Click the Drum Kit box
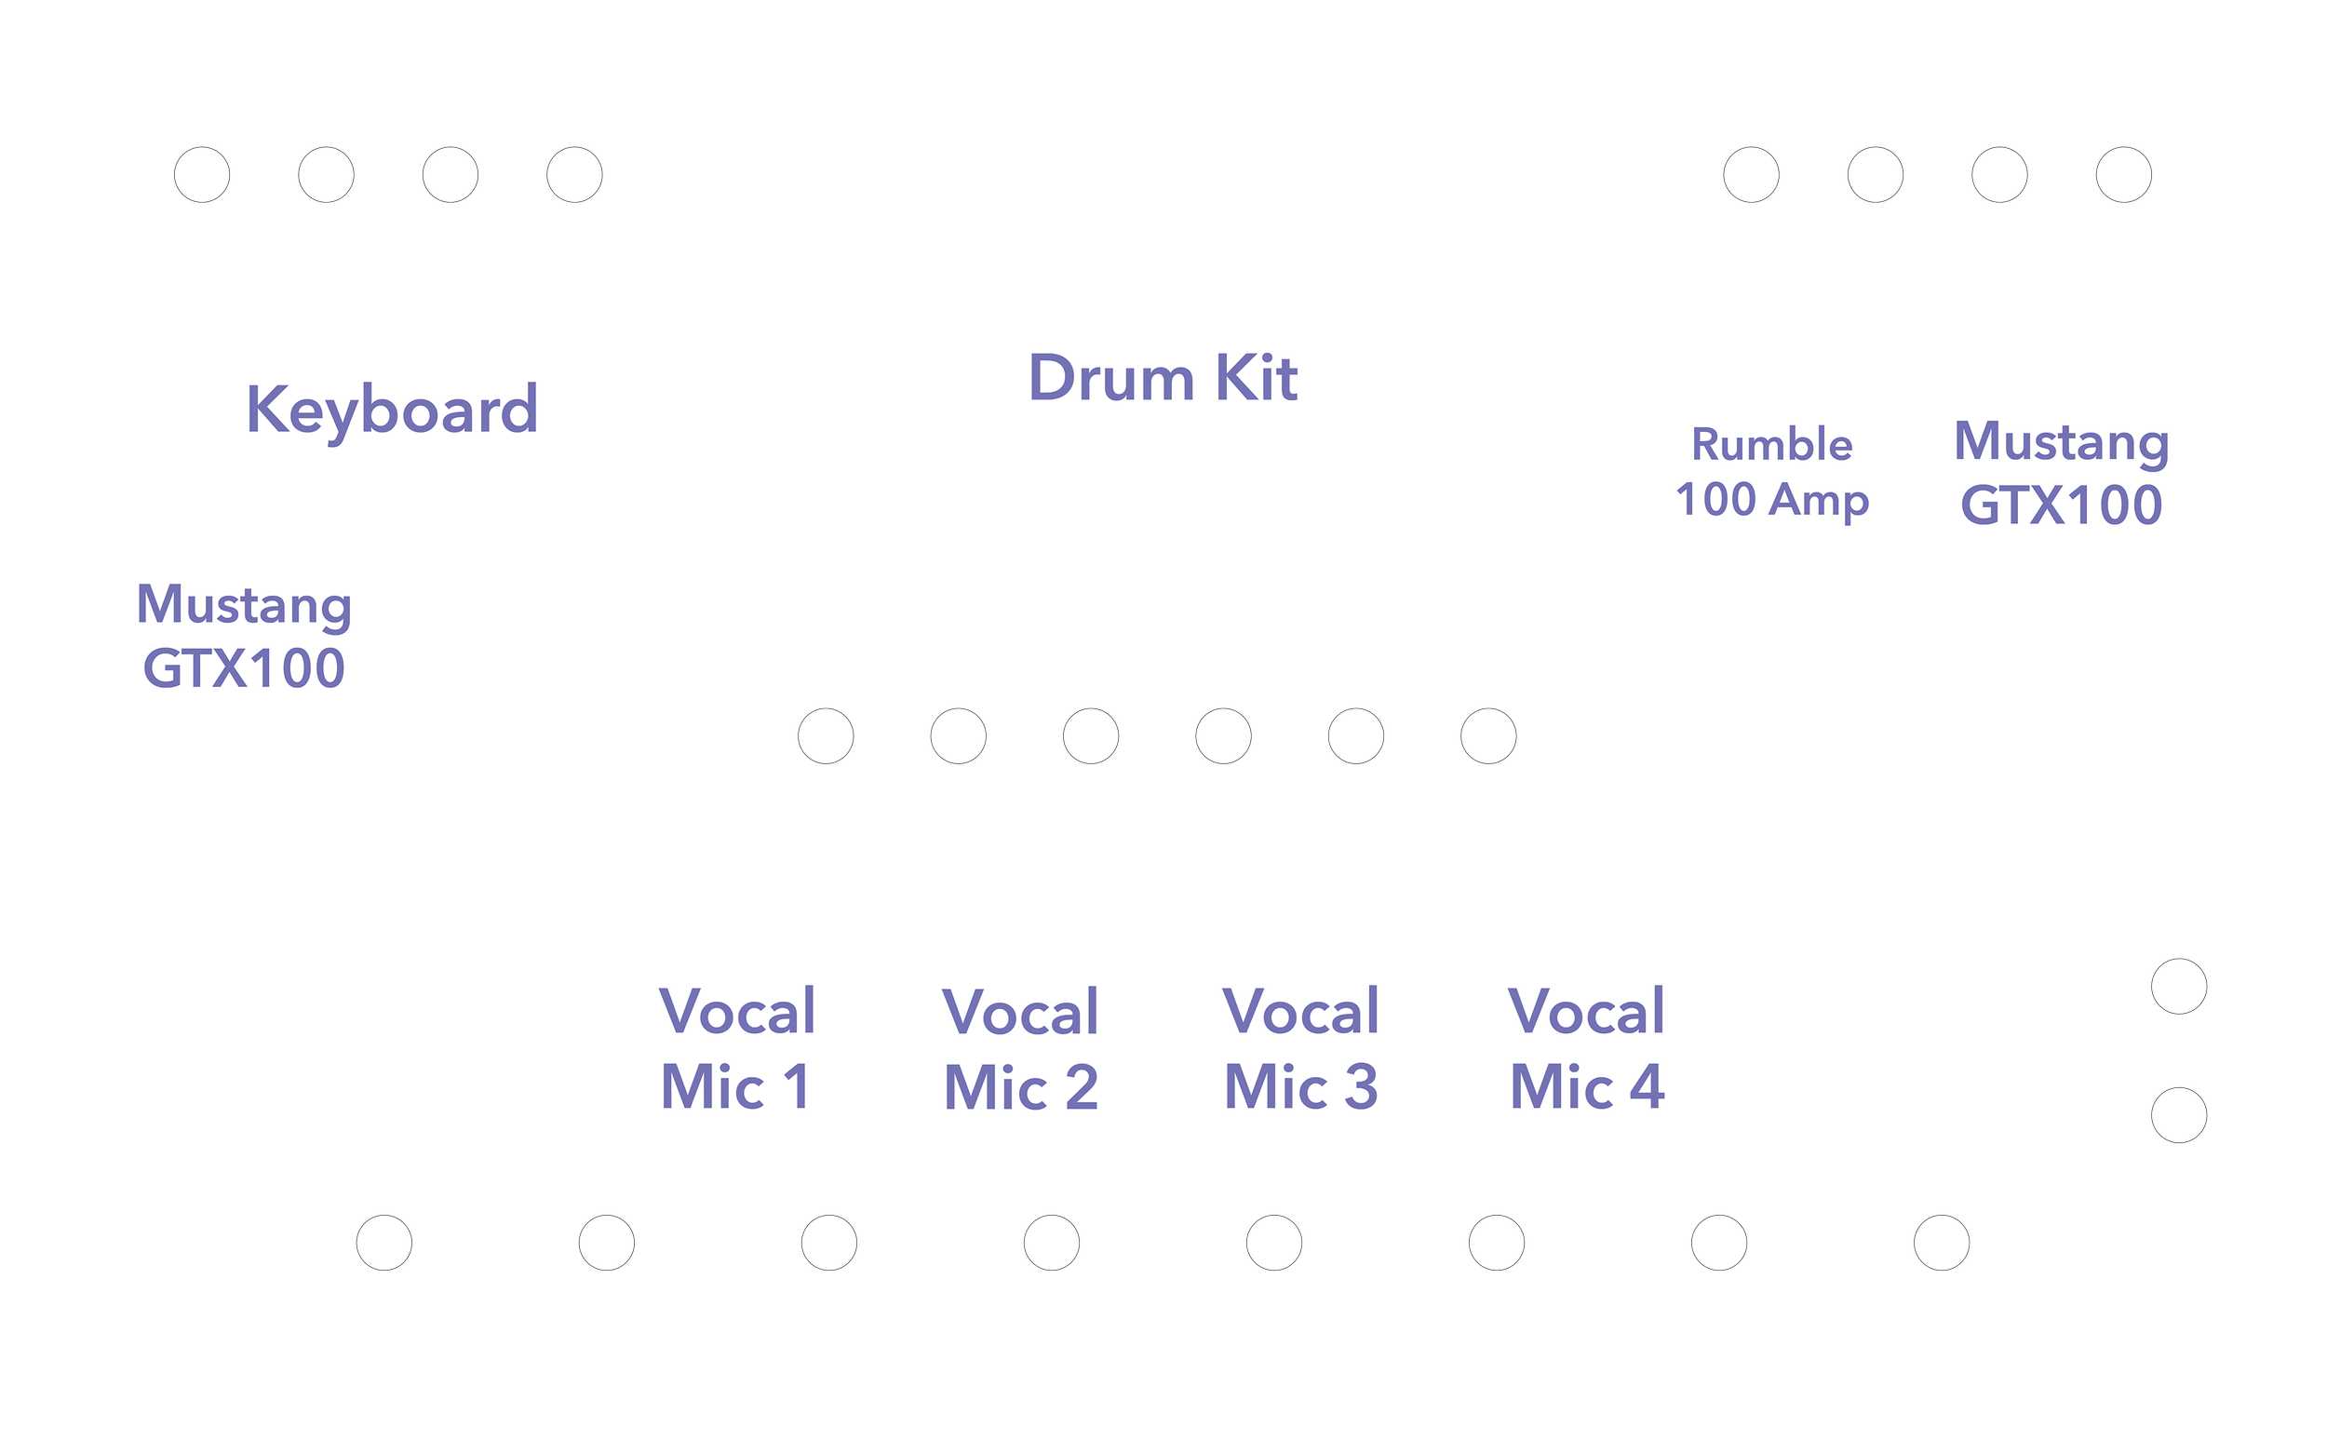tap(1163, 398)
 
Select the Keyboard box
tap(395, 411)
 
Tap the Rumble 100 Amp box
tap(1771, 477)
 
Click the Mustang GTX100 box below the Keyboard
tap(244, 642)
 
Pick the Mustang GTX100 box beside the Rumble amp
tap(2061, 477)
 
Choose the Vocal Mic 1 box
tap(737, 1050)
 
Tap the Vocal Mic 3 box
tap(1303, 1050)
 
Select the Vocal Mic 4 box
tap(1587, 1050)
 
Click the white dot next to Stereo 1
tap(2179, 987)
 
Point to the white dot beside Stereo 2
tap(2179, 1115)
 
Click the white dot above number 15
tap(202, 175)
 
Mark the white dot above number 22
tap(2123, 175)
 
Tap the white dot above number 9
tap(825, 735)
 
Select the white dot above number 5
tap(1274, 1243)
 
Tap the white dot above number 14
tap(1488, 735)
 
